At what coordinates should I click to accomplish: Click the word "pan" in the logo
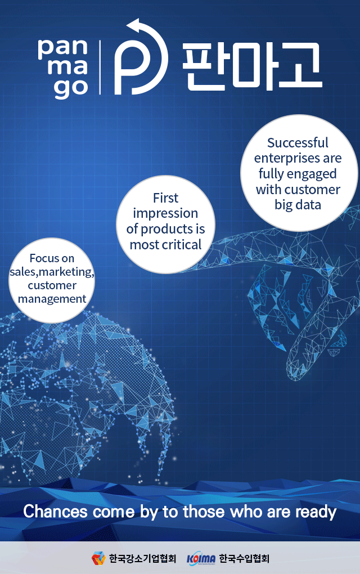tap(62, 49)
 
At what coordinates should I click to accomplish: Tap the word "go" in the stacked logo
tap(71, 88)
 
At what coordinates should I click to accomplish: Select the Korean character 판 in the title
tap(204, 66)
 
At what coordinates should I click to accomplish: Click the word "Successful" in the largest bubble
tap(298, 143)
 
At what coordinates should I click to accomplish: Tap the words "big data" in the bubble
tap(298, 205)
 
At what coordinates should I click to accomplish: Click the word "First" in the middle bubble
tap(166, 198)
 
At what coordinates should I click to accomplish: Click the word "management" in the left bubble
tap(52, 299)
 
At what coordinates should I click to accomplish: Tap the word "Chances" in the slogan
tap(55, 512)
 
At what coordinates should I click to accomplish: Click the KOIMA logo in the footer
tap(201, 558)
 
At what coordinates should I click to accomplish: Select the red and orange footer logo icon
tap(98, 558)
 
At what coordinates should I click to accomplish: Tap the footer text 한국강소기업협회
tap(143, 559)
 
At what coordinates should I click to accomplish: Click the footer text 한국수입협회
tap(244, 559)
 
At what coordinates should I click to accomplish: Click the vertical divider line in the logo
tap(100, 68)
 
